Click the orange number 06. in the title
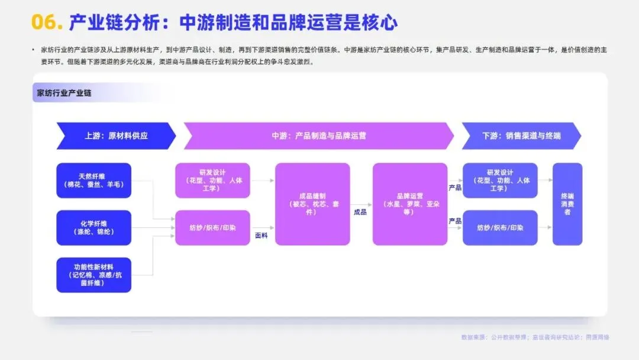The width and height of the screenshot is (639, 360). pyautogui.click(x=47, y=22)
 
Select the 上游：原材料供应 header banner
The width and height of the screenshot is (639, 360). pyautogui.click(x=116, y=136)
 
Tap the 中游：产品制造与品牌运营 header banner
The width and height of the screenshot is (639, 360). pyautogui.click(x=319, y=136)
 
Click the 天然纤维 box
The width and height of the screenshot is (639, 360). pyautogui.click(x=93, y=180)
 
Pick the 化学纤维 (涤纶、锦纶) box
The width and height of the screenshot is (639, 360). pyautogui.click(x=93, y=227)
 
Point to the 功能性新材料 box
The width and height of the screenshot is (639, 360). pyautogui.click(x=93, y=275)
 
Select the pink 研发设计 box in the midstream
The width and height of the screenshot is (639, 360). pyautogui.click(x=212, y=180)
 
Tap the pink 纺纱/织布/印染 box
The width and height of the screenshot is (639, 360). pyautogui.click(x=212, y=227)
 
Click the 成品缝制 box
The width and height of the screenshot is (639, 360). pyautogui.click(x=312, y=204)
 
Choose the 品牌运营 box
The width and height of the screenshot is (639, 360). pyautogui.click(x=410, y=204)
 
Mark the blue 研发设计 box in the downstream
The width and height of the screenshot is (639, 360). pyautogui.click(x=500, y=180)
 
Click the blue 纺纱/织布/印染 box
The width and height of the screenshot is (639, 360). pyautogui.click(x=500, y=227)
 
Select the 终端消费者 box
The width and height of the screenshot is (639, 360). pyautogui.click(x=567, y=204)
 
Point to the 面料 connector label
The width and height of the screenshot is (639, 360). pyautogui.click(x=262, y=235)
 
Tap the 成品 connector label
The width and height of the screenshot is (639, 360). pyautogui.click(x=360, y=211)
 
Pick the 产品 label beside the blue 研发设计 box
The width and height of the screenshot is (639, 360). pyautogui.click(x=454, y=188)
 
